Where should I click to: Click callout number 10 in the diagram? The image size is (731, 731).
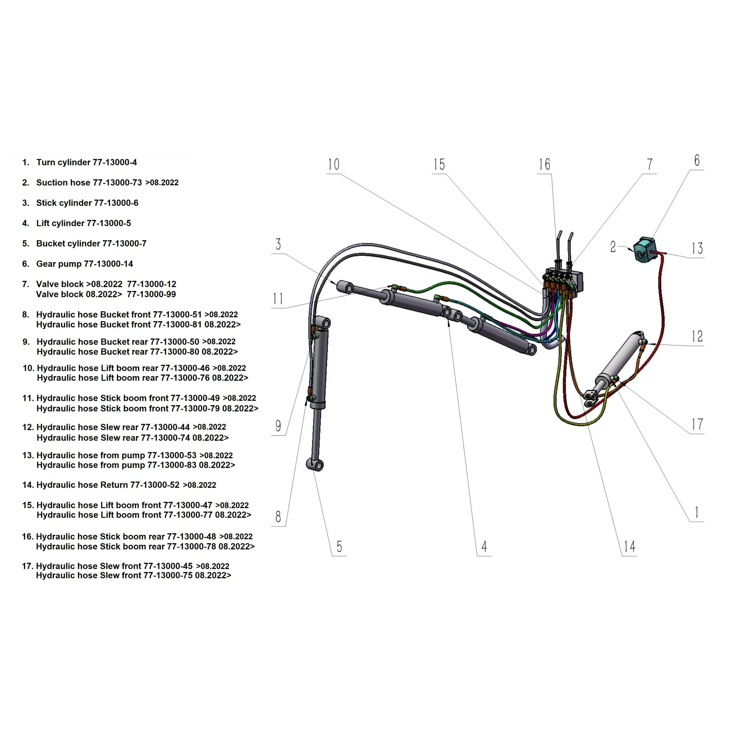pyautogui.click(x=333, y=164)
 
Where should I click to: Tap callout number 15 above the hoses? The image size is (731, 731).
pyautogui.click(x=439, y=164)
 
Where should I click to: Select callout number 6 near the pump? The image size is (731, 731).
pyautogui.click(x=697, y=161)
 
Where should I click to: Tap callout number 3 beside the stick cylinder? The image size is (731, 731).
pyautogui.click(x=278, y=244)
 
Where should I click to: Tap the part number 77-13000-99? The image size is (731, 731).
pyautogui.click(x=151, y=294)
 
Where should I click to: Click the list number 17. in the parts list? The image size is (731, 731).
pyautogui.click(x=28, y=566)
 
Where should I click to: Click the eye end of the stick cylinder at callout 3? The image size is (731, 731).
pyautogui.click(x=345, y=288)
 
